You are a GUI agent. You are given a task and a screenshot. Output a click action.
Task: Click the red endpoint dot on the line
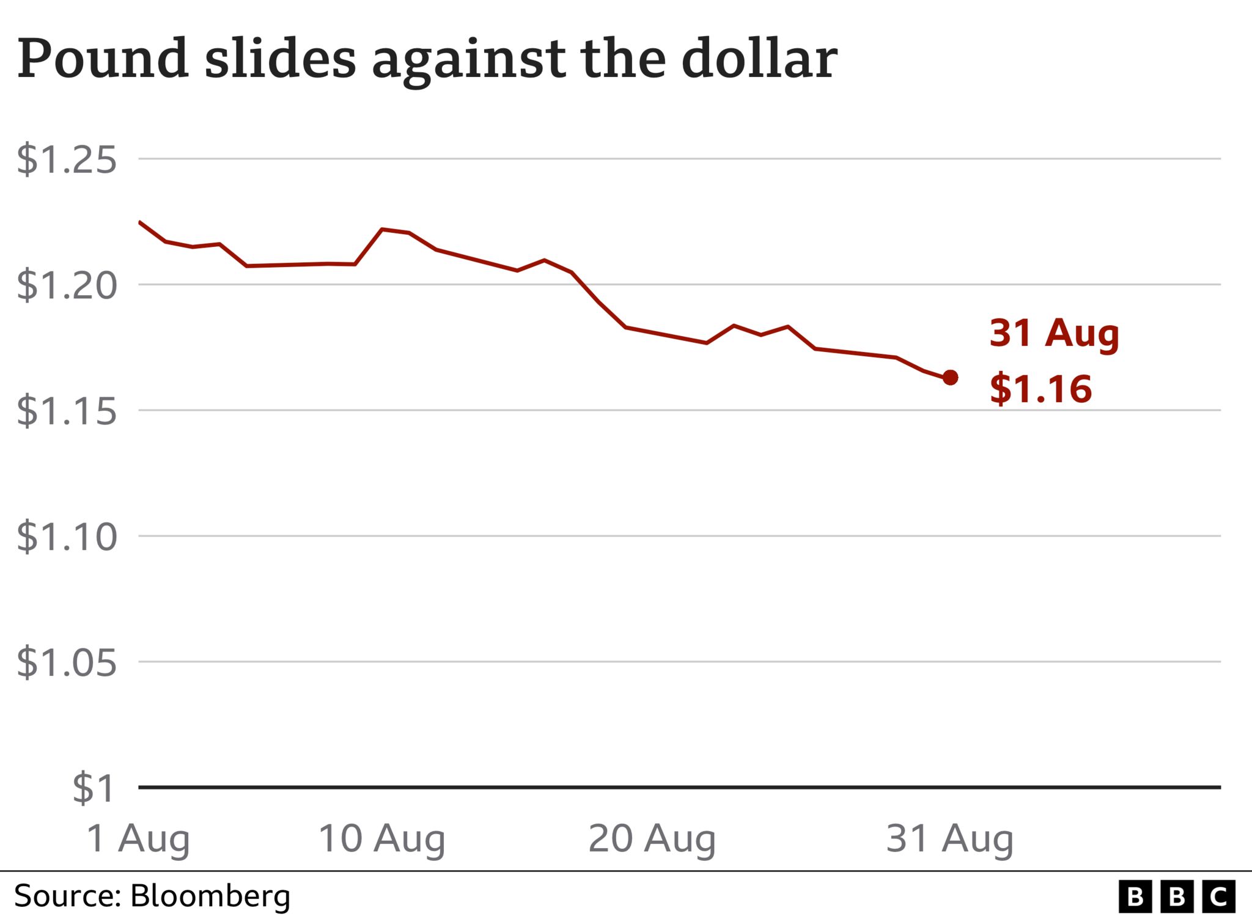[x=950, y=378]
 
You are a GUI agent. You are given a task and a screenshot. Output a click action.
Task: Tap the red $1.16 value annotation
[x=1040, y=389]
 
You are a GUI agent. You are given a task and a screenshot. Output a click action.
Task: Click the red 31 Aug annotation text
[x=1054, y=334]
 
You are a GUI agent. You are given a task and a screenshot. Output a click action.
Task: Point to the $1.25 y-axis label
[x=66, y=159]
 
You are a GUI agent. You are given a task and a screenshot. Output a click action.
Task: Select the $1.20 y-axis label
[x=66, y=285]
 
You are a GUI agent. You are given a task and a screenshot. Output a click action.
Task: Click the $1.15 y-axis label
[x=66, y=411]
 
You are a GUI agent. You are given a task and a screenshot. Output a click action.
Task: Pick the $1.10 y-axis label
[x=66, y=536]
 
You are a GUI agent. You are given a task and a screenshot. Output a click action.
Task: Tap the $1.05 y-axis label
[x=66, y=662]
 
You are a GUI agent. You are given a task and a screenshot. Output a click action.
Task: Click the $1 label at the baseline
[x=93, y=788]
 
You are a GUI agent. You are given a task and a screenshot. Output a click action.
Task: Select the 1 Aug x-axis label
[x=138, y=838]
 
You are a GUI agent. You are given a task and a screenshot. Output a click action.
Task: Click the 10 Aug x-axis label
[x=381, y=838]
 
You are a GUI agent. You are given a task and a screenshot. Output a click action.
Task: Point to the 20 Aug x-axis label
[x=652, y=838]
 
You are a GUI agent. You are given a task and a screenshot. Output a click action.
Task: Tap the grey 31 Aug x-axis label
[x=949, y=838]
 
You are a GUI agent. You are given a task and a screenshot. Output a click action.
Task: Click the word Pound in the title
[x=103, y=59]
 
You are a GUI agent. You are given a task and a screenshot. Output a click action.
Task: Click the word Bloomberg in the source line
[x=210, y=896]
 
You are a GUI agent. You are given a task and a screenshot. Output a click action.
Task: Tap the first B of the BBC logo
[x=1135, y=897]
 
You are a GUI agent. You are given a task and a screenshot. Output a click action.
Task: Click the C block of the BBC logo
[x=1218, y=897]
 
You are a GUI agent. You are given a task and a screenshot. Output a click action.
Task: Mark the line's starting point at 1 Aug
[x=140, y=222]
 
